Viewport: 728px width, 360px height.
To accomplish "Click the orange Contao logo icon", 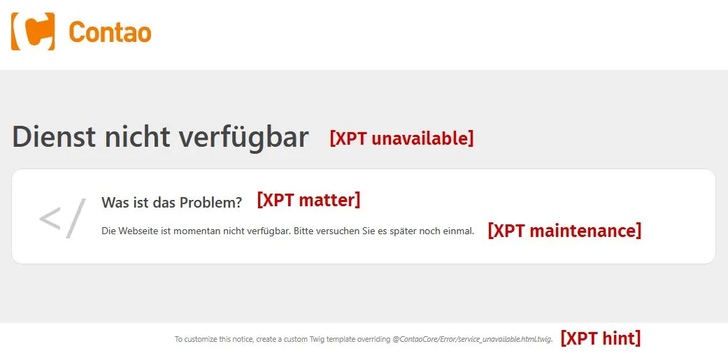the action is (33, 31).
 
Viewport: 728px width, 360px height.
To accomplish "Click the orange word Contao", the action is (110, 32).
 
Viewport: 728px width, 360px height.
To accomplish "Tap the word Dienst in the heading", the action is (54, 136).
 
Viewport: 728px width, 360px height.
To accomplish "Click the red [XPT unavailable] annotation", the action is (401, 138).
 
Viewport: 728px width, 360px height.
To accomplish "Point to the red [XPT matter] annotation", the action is (308, 200).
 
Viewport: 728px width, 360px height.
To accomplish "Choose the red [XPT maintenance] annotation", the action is (564, 230).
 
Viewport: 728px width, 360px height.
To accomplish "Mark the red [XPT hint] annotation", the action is (601, 338).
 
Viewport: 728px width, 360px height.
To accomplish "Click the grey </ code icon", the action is (63, 218).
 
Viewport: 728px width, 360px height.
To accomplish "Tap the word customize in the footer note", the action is (201, 339).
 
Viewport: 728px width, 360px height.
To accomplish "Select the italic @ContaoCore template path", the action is (472, 340).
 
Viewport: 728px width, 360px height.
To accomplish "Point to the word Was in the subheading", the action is (110, 202).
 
